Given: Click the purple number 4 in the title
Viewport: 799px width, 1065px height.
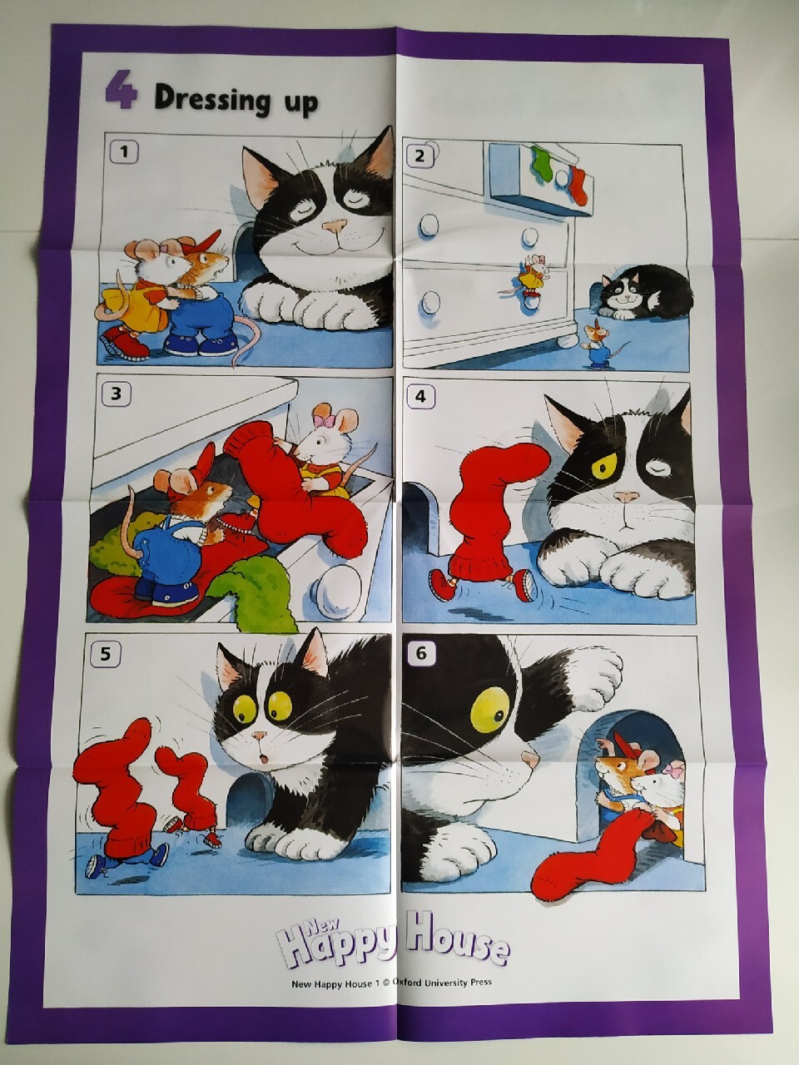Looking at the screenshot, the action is point(121,90).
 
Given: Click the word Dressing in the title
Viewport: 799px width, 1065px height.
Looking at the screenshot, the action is point(212,98).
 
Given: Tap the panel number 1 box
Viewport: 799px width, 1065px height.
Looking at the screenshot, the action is point(124,152).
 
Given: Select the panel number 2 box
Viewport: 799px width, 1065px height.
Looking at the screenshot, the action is point(419,156).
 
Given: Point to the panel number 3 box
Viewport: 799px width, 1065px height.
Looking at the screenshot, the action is point(116,393).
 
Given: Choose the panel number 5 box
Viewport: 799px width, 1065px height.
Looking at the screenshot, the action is point(105,655).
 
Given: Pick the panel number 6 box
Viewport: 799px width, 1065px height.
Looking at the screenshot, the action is point(421,653).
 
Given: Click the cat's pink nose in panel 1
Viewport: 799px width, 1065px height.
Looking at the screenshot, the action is point(335,225).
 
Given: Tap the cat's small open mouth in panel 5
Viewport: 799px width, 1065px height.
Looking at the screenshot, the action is point(264,759).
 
